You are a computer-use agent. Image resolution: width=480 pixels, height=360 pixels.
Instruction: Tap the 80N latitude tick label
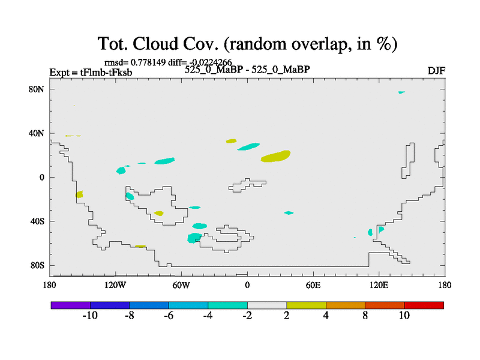pyautogui.click(x=38, y=89)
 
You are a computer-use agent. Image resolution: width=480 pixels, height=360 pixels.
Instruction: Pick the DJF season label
pyautogui.click(x=436, y=71)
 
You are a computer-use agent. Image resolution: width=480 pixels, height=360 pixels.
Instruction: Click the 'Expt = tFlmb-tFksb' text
pyautogui.click(x=91, y=73)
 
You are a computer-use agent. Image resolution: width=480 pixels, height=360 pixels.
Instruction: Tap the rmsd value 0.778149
pyautogui.click(x=145, y=62)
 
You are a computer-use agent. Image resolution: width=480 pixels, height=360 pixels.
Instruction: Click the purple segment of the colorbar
pyautogui.click(x=71, y=305)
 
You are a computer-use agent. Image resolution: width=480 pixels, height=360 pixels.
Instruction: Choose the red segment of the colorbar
pyautogui.click(x=424, y=305)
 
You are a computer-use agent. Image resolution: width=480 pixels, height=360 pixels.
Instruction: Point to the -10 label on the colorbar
pyautogui.click(x=89, y=316)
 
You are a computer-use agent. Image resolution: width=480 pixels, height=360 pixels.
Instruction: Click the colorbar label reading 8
pyautogui.click(x=365, y=316)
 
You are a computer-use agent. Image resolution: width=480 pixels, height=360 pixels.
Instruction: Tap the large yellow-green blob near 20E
pyautogui.click(x=276, y=156)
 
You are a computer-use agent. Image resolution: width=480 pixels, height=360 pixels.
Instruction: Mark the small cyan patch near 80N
pyautogui.click(x=401, y=92)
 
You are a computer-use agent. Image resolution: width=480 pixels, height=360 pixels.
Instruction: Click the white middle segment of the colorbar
pyautogui.click(x=267, y=305)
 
